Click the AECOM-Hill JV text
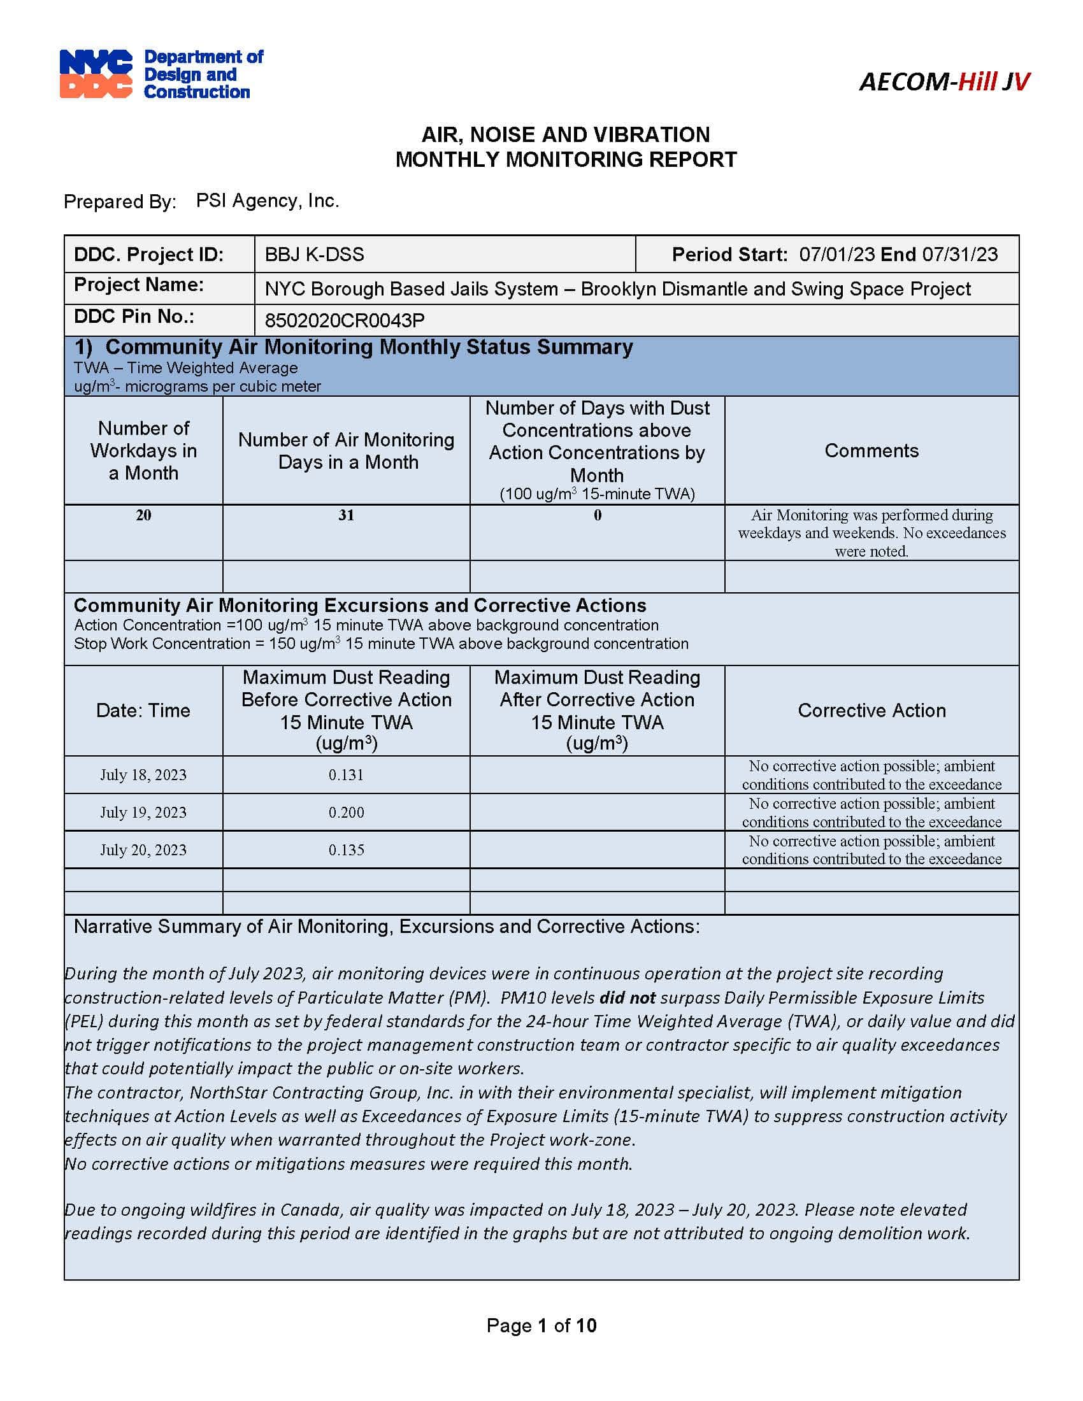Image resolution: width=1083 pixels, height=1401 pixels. (x=943, y=82)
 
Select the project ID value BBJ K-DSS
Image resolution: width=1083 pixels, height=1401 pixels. (x=314, y=255)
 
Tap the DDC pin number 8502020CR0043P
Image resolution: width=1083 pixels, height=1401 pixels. (x=345, y=320)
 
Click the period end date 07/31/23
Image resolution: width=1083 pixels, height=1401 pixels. (x=960, y=255)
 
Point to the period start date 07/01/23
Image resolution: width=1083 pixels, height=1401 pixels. (x=836, y=255)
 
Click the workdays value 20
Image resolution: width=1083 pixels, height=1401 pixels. (x=143, y=515)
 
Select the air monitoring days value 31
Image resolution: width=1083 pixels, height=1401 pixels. (x=347, y=515)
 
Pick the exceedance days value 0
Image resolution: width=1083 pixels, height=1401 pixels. (x=598, y=515)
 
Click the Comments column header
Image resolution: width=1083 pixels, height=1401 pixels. (x=871, y=450)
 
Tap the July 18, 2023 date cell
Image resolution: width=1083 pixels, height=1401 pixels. (x=143, y=775)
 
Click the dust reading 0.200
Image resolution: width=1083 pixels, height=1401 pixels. (x=347, y=812)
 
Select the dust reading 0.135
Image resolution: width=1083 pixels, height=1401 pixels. (x=347, y=850)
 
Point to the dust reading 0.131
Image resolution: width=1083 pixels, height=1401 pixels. (x=347, y=775)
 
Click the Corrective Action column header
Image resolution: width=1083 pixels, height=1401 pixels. (x=871, y=710)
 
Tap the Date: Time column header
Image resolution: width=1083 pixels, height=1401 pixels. (x=143, y=710)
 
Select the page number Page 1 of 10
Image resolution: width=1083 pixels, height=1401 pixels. (x=541, y=1325)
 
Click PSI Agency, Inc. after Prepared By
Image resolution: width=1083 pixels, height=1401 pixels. (x=267, y=201)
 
